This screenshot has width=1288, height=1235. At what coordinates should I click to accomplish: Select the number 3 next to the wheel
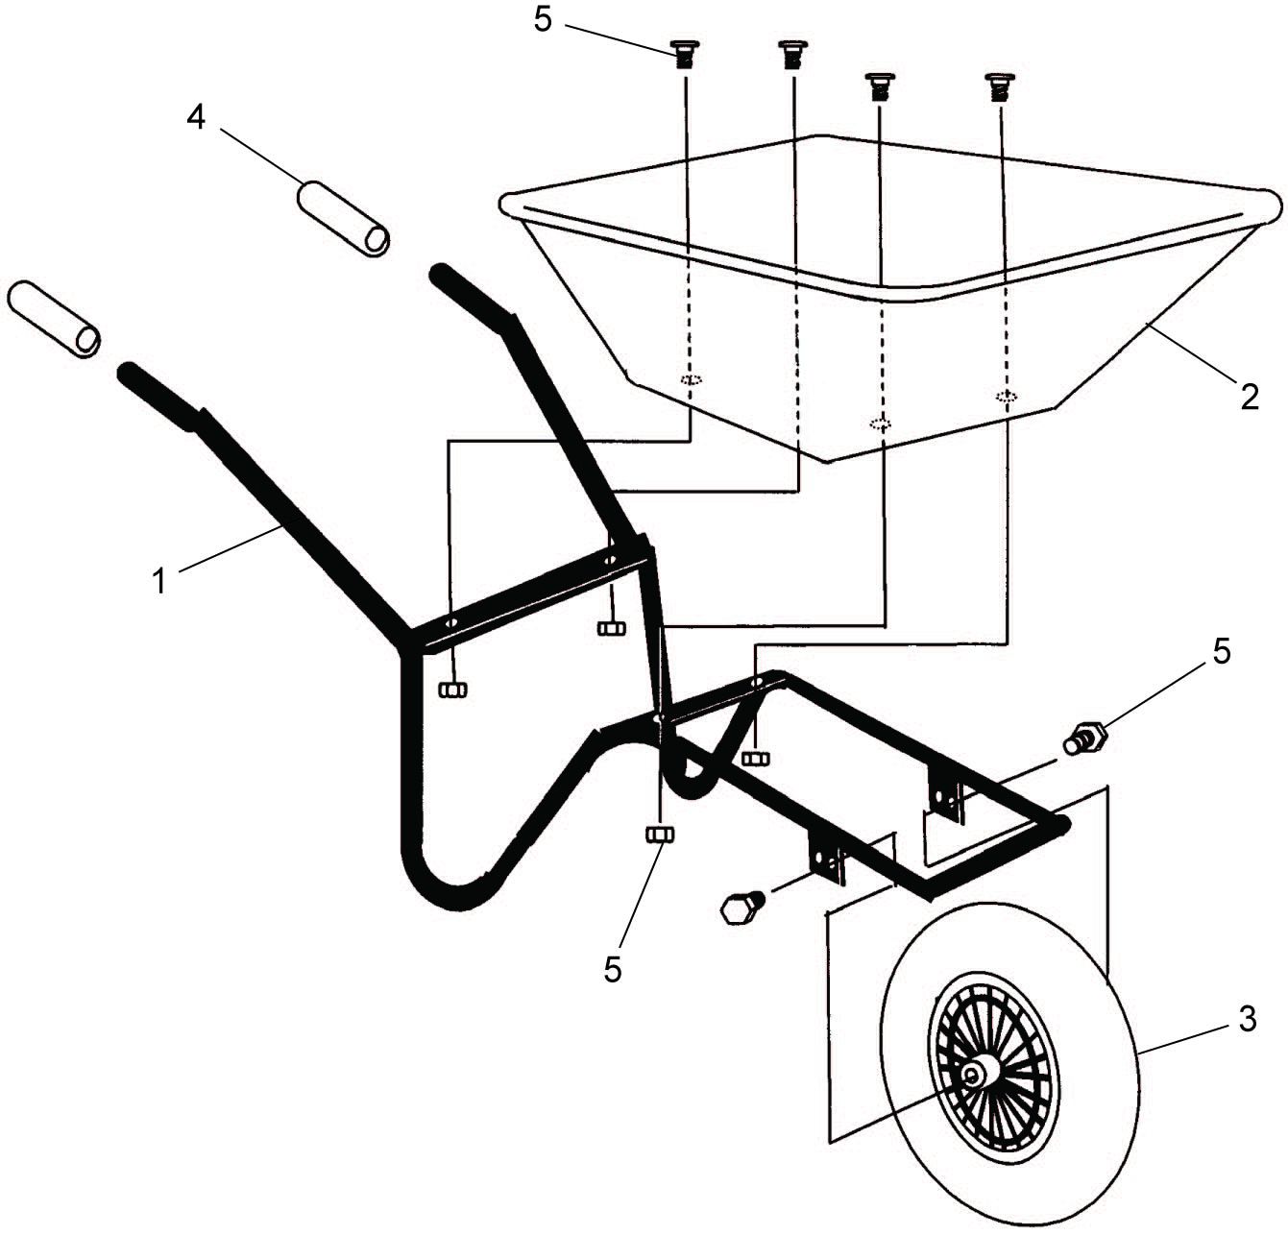click(1247, 1019)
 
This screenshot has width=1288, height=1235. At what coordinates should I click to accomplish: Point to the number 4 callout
click(196, 118)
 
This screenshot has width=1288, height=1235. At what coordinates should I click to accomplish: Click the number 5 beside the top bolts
click(543, 20)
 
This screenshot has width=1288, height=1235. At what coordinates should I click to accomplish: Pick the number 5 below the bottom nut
click(612, 970)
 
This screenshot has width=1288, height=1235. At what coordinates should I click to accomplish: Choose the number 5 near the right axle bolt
click(1221, 652)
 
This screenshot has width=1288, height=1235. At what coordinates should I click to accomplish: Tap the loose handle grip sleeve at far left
click(53, 320)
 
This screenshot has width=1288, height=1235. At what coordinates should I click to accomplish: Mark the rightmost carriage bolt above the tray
click(1000, 86)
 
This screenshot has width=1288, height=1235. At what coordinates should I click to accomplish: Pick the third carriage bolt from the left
click(880, 86)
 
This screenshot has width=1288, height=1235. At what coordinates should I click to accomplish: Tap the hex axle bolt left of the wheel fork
click(741, 908)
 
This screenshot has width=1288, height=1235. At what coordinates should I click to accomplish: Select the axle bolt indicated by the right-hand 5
click(1085, 738)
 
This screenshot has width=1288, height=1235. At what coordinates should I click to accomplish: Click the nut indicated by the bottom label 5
click(659, 835)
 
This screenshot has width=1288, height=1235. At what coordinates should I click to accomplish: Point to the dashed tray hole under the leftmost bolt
click(691, 380)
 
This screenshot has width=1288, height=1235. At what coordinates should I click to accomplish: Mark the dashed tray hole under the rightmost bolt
click(1006, 396)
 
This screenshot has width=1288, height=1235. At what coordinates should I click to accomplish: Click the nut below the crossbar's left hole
click(452, 690)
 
